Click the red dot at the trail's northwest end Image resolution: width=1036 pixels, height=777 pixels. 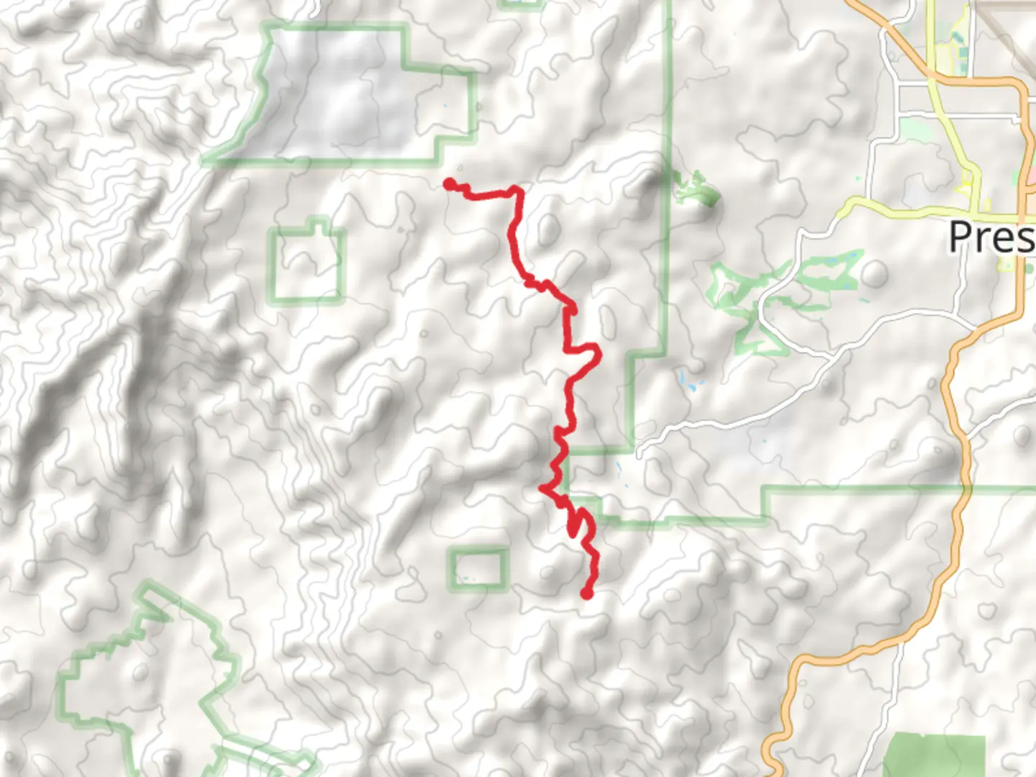[449, 185]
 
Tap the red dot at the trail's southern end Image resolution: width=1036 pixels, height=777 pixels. [586, 594]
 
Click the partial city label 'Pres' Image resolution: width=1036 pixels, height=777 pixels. [991, 236]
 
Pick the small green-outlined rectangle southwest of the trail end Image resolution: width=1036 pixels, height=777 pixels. [478, 569]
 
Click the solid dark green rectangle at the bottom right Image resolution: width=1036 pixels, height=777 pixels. [933, 756]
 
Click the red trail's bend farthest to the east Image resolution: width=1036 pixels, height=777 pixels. [597, 353]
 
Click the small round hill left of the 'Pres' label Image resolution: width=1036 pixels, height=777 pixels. [874, 273]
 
